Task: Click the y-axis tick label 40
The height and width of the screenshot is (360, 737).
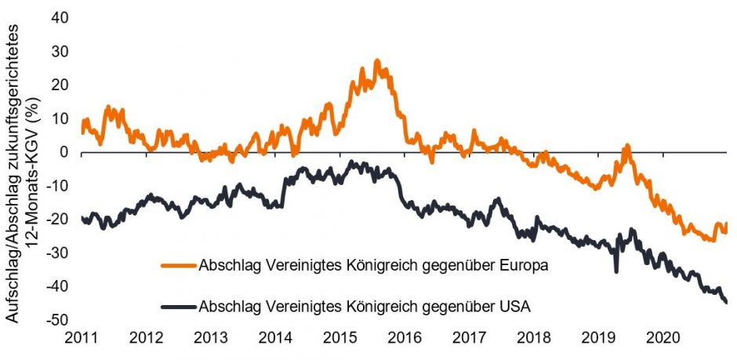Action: coord(60,17)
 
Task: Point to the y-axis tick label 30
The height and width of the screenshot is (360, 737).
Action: coord(60,51)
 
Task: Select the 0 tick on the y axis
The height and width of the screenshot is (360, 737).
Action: coord(64,152)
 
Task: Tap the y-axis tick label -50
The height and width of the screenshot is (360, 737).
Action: coord(57,321)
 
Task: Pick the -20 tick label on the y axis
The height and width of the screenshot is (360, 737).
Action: coord(57,220)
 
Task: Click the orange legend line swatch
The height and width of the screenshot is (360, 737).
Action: coord(178,264)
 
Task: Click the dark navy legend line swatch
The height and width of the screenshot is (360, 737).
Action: coord(178,307)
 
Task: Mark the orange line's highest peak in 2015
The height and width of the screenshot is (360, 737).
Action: coord(377,60)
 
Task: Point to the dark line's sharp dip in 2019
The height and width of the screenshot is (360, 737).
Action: coord(616,271)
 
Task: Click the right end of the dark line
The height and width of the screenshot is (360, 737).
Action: coord(726,302)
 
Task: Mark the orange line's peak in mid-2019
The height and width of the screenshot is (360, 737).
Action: coord(626,146)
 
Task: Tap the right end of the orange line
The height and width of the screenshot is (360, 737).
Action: coord(726,224)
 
